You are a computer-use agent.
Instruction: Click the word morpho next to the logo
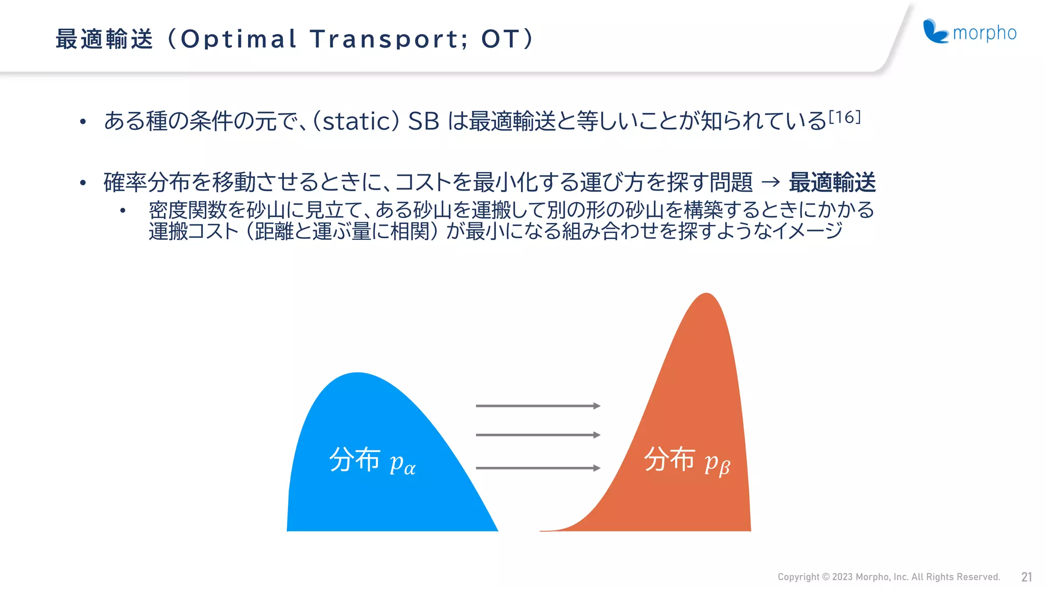click(985, 33)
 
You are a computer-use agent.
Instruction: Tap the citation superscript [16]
click(844, 118)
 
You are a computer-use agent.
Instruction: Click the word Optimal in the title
click(239, 39)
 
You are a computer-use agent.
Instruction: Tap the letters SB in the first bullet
click(423, 122)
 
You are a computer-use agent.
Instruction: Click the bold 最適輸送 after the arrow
click(832, 183)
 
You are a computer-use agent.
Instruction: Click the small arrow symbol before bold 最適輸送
click(770, 182)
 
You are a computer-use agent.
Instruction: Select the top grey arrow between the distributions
click(537, 406)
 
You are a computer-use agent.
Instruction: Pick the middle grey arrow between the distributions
click(537, 435)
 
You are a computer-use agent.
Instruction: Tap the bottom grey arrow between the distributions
click(537, 468)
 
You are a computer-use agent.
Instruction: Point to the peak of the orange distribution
click(706, 295)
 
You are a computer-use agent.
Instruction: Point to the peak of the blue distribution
click(357, 374)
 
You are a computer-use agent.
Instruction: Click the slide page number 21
click(1027, 577)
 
